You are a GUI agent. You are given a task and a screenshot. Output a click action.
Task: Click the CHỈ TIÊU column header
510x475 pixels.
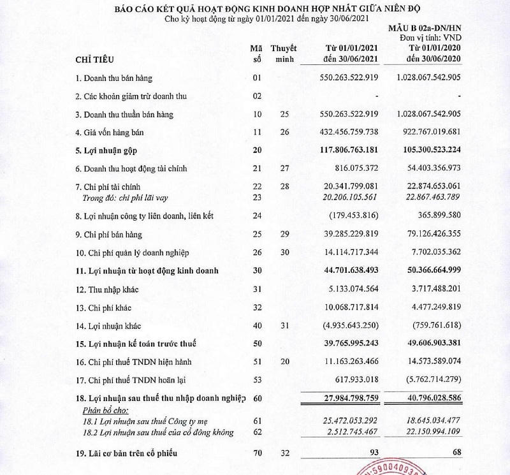(x=96, y=60)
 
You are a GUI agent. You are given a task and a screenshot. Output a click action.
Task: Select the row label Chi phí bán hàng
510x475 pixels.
(x=106, y=234)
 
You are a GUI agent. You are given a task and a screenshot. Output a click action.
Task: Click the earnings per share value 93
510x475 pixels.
(x=374, y=453)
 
